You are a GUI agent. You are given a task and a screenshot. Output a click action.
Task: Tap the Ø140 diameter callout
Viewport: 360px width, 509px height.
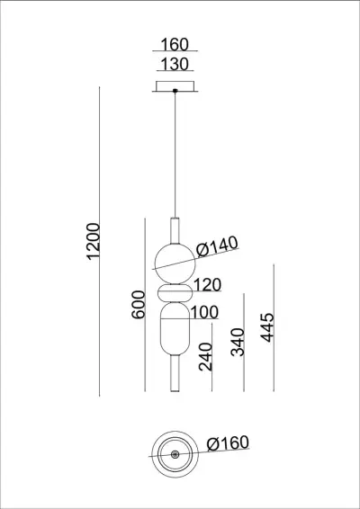pos(215,243)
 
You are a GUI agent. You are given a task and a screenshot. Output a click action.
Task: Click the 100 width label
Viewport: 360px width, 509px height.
pos(205,313)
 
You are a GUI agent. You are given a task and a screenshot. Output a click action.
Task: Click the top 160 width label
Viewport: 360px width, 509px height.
pos(175,45)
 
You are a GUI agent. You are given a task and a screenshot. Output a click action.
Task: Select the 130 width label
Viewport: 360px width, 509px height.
pos(175,64)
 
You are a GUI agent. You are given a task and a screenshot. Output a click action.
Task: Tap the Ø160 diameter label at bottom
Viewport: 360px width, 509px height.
pos(227,442)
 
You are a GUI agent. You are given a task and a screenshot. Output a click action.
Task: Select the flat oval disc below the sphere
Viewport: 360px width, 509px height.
pos(175,294)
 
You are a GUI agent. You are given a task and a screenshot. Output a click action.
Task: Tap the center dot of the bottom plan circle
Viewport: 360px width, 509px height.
pos(175,455)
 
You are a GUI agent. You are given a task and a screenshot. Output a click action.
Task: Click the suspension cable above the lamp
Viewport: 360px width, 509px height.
pos(175,153)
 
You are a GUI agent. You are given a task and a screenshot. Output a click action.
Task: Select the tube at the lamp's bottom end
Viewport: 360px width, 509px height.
pos(175,375)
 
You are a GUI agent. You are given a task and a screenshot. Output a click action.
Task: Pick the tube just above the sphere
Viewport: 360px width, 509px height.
pos(175,228)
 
